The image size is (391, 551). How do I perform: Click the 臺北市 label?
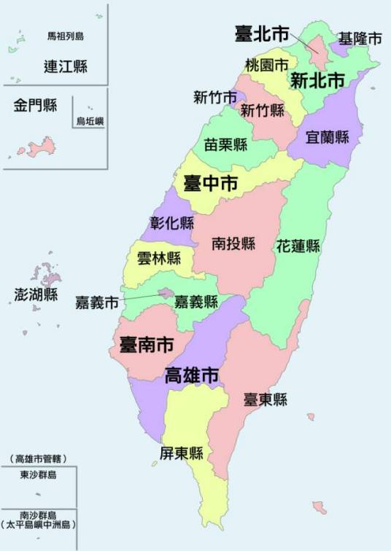(x=262, y=33)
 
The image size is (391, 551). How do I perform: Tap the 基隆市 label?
(x=360, y=39)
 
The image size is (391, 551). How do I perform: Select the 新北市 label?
(x=317, y=81)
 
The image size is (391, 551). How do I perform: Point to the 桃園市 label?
(x=266, y=65)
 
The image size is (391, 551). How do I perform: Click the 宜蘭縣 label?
(x=328, y=136)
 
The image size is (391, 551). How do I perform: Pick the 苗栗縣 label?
(x=225, y=144)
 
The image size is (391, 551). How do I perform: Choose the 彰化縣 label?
(x=172, y=223)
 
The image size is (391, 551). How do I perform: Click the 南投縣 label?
(x=233, y=243)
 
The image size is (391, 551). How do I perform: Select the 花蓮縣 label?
(x=298, y=246)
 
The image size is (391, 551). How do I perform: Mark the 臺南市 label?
(x=146, y=344)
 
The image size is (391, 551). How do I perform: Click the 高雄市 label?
(x=193, y=376)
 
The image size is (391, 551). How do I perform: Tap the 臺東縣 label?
(x=265, y=399)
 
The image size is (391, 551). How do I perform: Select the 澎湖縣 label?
(x=36, y=294)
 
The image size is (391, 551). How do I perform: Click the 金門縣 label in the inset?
(x=34, y=106)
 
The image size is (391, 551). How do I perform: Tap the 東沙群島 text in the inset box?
(x=39, y=475)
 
